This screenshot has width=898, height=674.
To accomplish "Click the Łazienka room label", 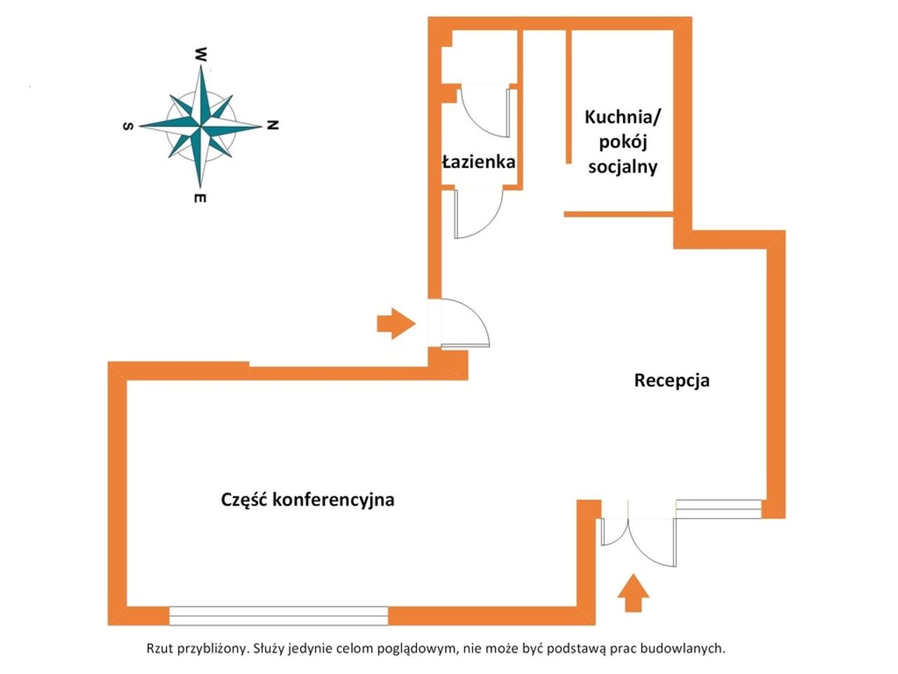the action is (478, 161).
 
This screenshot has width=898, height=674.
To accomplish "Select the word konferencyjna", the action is (333, 501).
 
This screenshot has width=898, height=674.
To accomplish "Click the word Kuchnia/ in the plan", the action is (623, 117).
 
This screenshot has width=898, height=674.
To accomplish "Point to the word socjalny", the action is (623, 167).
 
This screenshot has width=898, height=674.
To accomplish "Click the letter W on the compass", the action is (200, 55).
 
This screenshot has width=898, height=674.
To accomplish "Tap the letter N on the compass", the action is (272, 125).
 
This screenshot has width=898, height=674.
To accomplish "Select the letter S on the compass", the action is (128, 126).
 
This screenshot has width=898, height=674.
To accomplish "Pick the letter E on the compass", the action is (200, 199).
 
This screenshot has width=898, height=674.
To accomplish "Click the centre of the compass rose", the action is (201, 126).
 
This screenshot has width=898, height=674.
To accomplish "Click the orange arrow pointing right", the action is (396, 324).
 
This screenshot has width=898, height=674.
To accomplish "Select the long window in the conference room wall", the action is (279, 621).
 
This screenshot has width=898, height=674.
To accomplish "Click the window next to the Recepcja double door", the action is (718, 509).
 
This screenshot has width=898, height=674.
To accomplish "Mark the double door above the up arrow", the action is (638, 541).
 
